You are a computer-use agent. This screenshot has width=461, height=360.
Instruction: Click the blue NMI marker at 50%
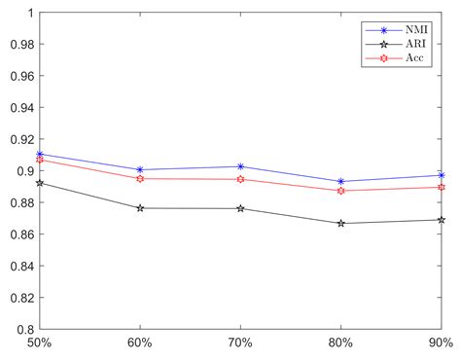point(40,154)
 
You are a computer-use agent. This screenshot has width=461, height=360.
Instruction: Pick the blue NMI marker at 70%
point(240,166)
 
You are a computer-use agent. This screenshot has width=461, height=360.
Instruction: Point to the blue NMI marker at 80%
point(340,181)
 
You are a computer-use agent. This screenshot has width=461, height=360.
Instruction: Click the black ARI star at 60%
point(140,208)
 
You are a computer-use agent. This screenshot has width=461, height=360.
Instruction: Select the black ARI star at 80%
point(340,223)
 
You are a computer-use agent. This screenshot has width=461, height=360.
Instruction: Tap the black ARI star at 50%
point(40,183)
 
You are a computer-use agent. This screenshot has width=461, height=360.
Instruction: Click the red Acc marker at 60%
point(140,178)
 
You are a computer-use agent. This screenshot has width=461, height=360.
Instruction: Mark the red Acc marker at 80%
point(340,191)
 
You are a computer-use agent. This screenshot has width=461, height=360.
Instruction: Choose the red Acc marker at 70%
point(240,179)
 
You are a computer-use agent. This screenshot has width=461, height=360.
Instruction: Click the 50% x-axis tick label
point(40,343)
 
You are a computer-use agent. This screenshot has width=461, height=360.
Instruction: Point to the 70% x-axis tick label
point(240,343)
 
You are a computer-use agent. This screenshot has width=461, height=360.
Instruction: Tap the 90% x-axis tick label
point(440,343)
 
